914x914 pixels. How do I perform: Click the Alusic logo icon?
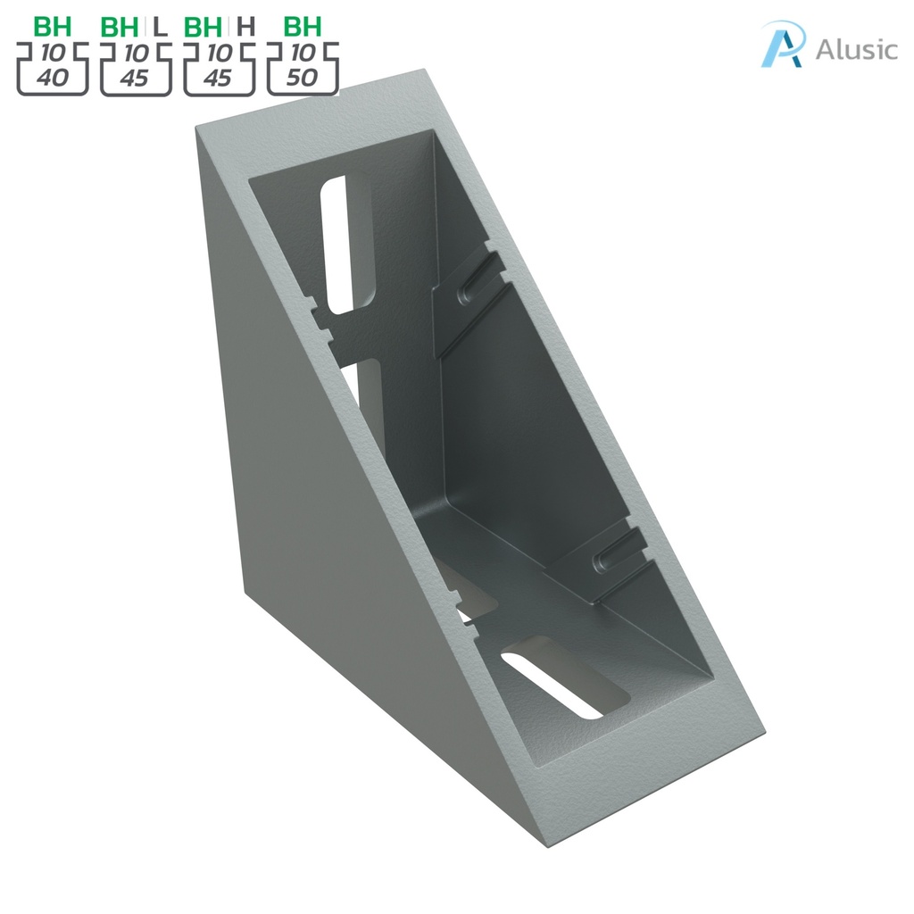783,46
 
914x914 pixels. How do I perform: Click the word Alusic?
855,49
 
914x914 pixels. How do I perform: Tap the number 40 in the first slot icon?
53,78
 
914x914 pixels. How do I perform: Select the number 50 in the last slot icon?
303,78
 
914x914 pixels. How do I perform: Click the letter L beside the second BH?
160,26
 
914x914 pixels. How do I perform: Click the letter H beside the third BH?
245,26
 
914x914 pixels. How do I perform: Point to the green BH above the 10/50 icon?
303,26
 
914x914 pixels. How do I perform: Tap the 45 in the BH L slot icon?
135,78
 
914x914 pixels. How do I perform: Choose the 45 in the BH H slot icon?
219,78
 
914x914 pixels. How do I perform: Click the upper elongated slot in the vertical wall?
337,243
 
